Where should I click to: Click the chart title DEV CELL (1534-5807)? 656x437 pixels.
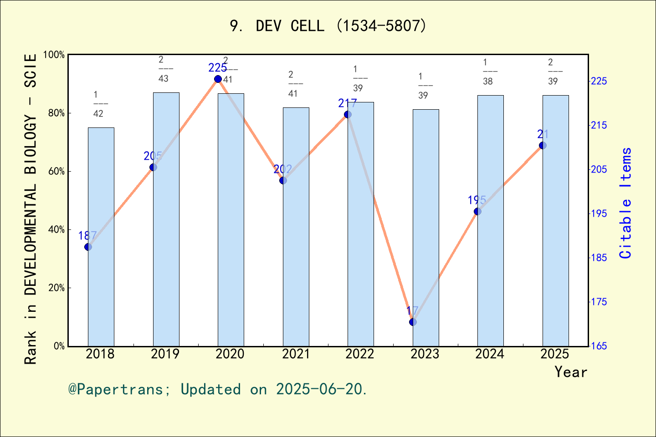click(x=328, y=26)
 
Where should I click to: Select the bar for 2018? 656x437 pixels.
click(x=101, y=237)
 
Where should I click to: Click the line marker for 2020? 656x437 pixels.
click(x=218, y=79)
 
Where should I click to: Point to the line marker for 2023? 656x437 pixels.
click(x=413, y=322)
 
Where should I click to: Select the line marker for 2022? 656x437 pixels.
click(x=348, y=114)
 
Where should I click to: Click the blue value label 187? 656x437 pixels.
click(x=87, y=236)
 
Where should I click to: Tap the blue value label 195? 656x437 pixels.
click(x=477, y=200)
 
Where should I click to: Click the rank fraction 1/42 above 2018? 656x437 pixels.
click(x=98, y=104)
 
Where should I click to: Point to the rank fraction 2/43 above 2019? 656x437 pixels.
click(x=164, y=69)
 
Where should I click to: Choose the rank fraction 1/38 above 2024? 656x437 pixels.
click(x=488, y=72)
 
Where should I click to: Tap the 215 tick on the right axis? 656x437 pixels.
click(x=599, y=125)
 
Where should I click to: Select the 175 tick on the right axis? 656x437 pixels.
click(x=599, y=302)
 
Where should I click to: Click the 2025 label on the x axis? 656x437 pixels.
click(x=554, y=354)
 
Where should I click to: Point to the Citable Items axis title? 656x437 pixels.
click(x=626, y=203)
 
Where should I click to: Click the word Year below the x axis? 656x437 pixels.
click(x=570, y=372)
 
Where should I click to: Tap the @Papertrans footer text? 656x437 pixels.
click(x=217, y=389)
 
